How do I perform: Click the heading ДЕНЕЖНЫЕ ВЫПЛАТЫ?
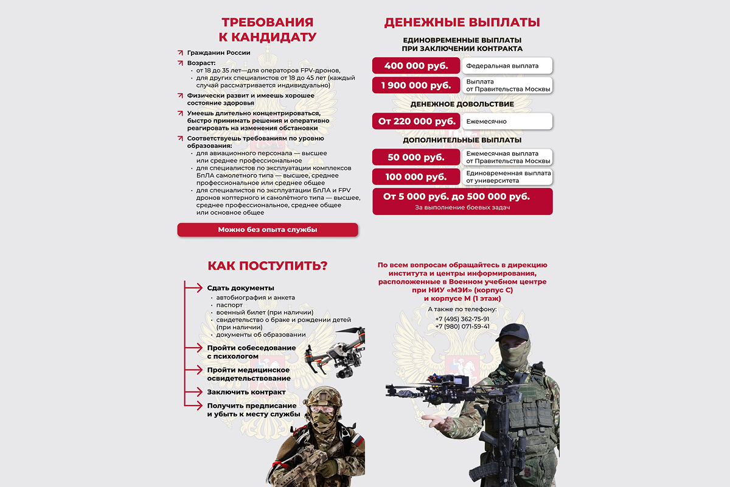pos(462,23)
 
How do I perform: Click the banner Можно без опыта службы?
pos(268,229)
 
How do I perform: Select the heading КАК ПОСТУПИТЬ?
pos(268,266)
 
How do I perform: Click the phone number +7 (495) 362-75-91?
pos(462,318)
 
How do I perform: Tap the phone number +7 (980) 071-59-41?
pos(462,326)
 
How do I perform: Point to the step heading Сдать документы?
pos(240,288)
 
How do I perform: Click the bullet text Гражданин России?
pos(218,53)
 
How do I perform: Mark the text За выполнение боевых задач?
pos(462,208)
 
